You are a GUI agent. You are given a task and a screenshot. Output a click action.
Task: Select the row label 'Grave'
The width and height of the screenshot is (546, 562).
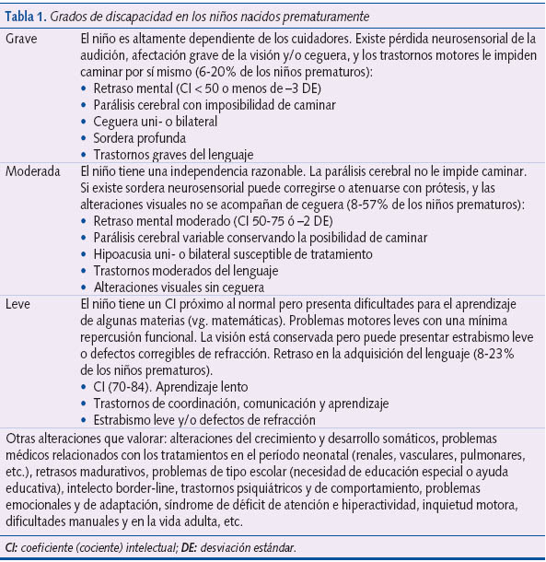(x=24, y=41)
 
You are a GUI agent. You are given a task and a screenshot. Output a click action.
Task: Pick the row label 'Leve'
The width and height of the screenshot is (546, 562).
(x=21, y=304)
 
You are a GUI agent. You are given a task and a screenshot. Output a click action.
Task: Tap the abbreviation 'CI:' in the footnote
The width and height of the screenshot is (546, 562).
(x=14, y=548)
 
